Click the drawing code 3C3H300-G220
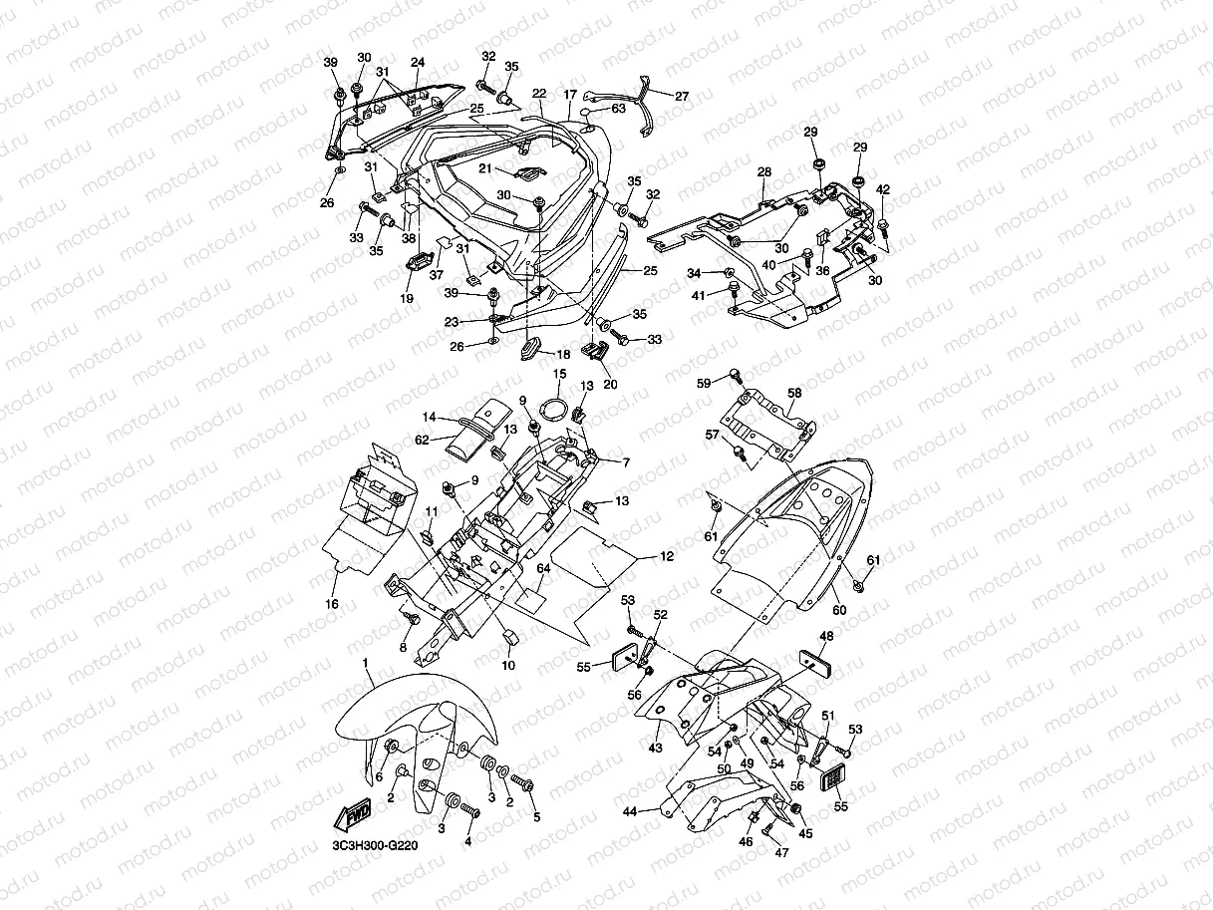(x=375, y=846)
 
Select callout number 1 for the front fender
(x=366, y=663)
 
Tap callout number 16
(x=333, y=604)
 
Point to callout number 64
(x=543, y=569)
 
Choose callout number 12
(x=667, y=554)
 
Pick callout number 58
(x=794, y=394)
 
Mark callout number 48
(x=827, y=635)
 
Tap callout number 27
(x=682, y=97)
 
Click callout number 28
(x=764, y=172)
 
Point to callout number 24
(x=417, y=62)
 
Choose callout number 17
(x=570, y=96)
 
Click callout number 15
(x=559, y=374)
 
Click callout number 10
(x=507, y=665)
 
